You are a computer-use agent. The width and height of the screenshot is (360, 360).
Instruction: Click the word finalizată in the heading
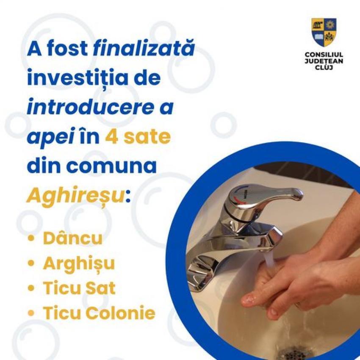point(144,48)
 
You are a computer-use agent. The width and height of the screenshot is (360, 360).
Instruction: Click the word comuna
point(111,166)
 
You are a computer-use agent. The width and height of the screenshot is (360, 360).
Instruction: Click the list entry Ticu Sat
point(79,288)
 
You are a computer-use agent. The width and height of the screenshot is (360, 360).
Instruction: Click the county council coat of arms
point(324,32)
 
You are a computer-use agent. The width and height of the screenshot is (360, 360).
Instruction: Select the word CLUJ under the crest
point(324,67)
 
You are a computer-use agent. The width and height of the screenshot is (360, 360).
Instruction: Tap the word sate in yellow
point(147,137)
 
